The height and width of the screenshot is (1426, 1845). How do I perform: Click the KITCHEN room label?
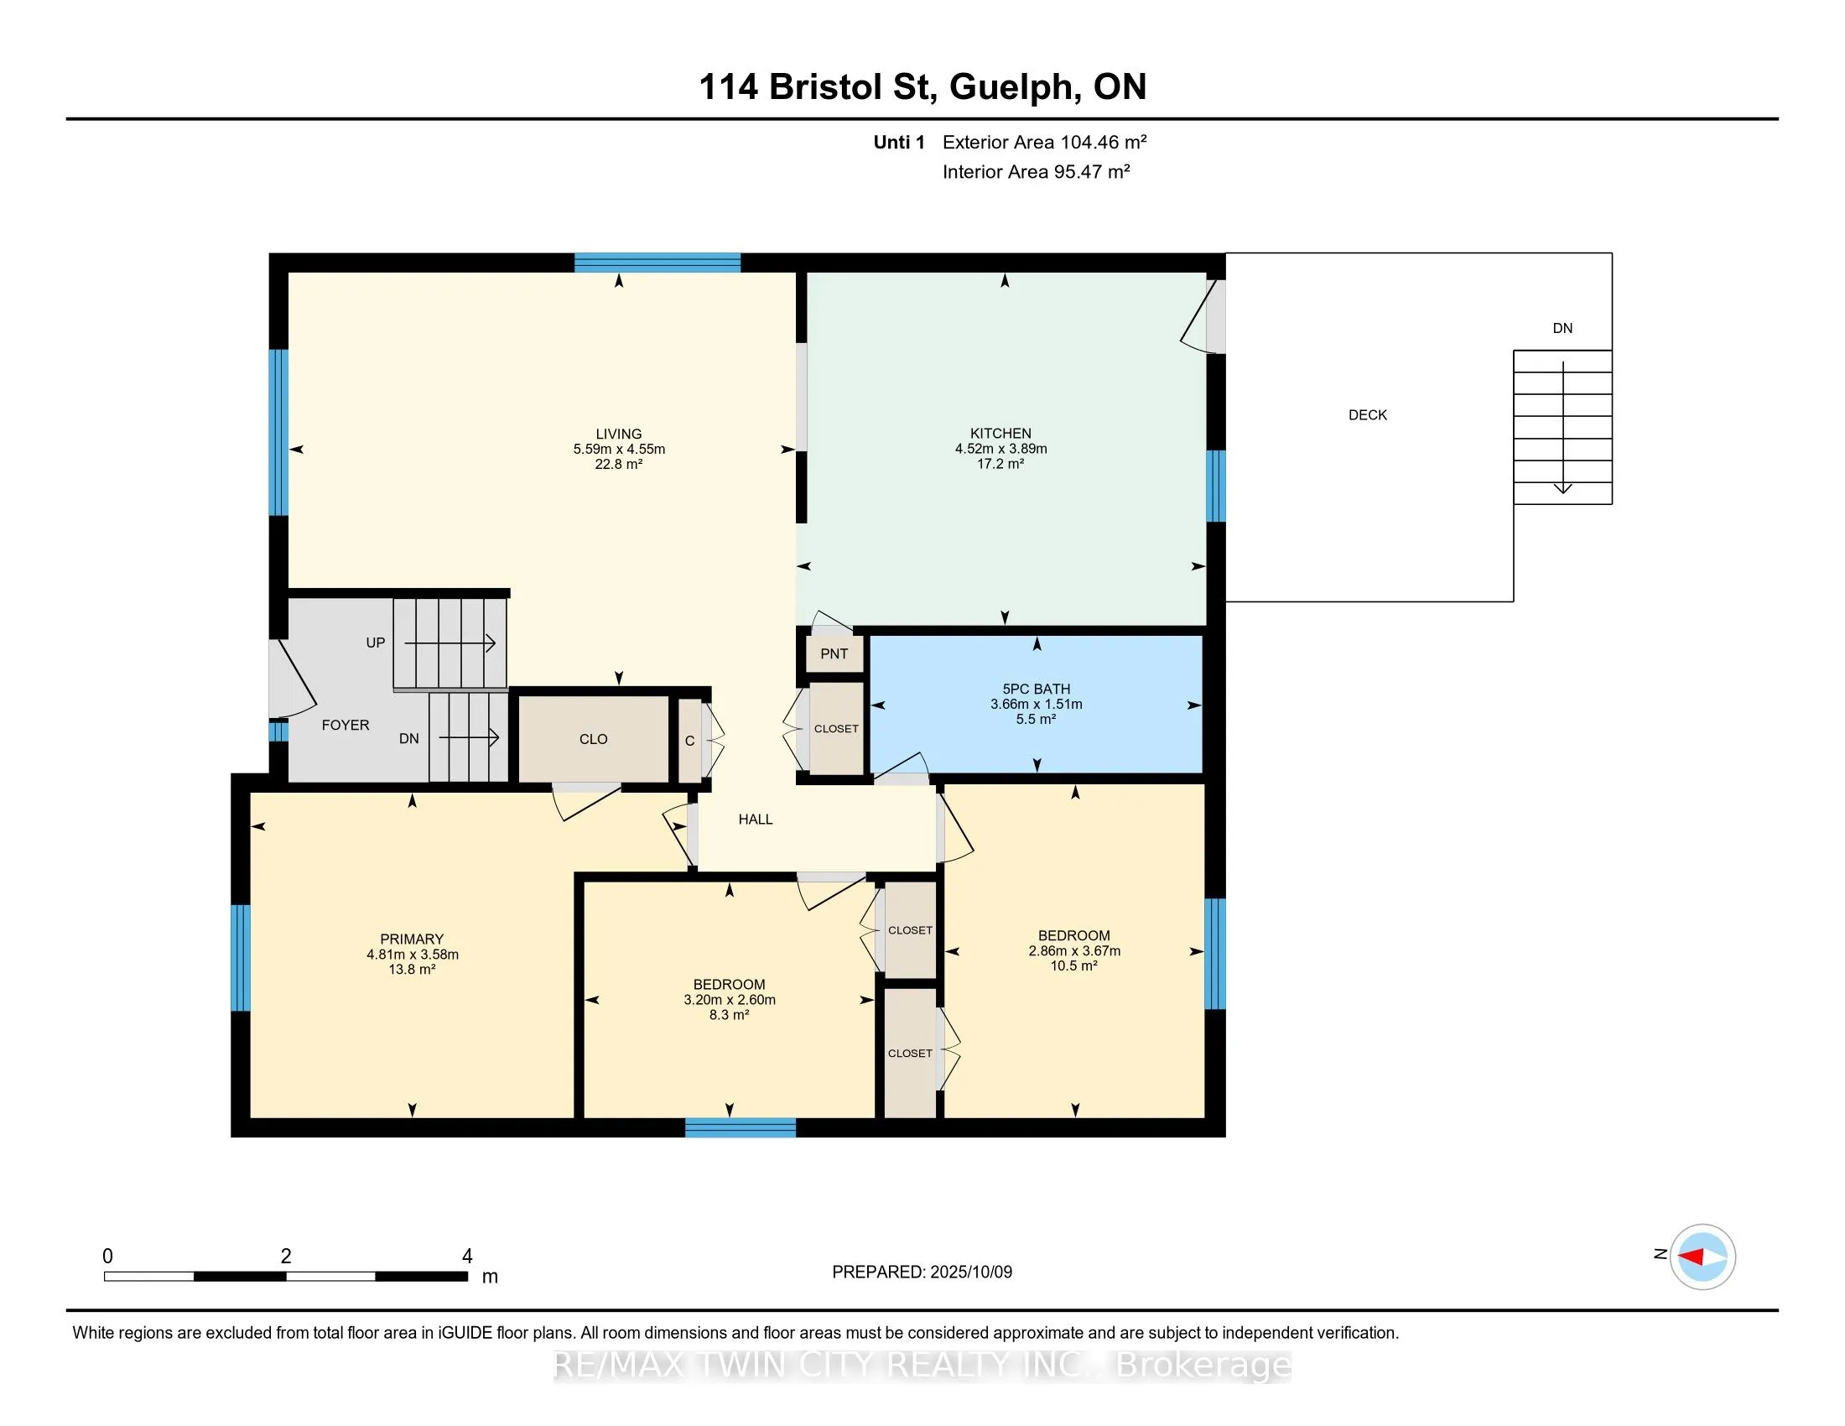pyautogui.click(x=1001, y=434)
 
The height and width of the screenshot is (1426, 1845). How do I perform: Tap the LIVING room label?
pyautogui.click(x=618, y=435)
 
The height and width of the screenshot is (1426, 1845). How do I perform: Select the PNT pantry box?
pyautogui.click(x=834, y=653)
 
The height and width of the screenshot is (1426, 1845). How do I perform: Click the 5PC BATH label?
pyautogui.click(x=1037, y=690)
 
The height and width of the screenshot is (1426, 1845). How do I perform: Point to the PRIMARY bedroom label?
pyautogui.click(x=412, y=939)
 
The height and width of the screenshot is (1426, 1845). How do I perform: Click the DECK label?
pyautogui.click(x=1368, y=414)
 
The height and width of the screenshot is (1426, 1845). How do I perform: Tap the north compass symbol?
pyautogui.click(x=1702, y=1257)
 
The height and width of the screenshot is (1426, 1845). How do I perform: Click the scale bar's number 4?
pyautogui.click(x=466, y=1257)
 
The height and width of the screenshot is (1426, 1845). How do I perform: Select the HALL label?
pyautogui.click(x=756, y=820)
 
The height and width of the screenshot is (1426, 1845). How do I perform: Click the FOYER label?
pyautogui.click(x=346, y=725)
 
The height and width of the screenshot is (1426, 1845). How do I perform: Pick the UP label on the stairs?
pyautogui.click(x=375, y=643)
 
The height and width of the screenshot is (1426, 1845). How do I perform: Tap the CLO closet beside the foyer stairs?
pyautogui.click(x=594, y=739)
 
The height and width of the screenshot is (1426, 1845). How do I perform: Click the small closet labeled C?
pyautogui.click(x=690, y=741)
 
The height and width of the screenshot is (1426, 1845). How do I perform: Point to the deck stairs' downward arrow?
pyautogui.click(x=1563, y=428)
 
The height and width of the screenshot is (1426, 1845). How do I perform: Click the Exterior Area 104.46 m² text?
pyautogui.click(x=1044, y=142)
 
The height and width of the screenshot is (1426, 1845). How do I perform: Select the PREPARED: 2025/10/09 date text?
pyautogui.click(x=922, y=1272)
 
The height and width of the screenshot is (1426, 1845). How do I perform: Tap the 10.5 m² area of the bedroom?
pyautogui.click(x=1073, y=966)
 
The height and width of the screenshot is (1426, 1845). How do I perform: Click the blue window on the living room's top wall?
pyautogui.click(x=657, y=262)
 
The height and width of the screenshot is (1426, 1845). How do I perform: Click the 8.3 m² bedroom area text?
pyautogui.click(x=729, y=1016)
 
